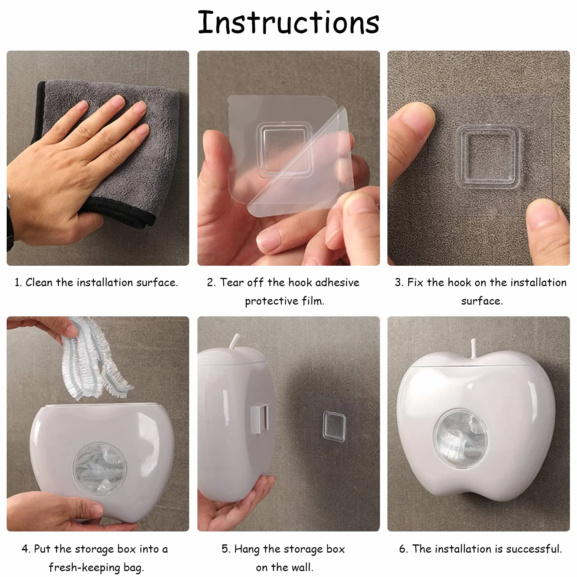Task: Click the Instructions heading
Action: click(288, 22)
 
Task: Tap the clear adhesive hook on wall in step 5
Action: click(334, 426)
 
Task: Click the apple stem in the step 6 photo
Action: click(473, 348)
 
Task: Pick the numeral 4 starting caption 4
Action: click(25, 549)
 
